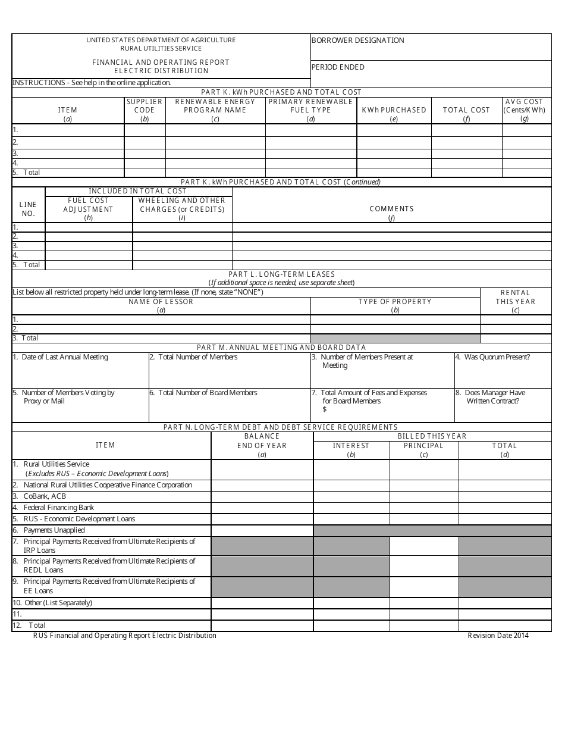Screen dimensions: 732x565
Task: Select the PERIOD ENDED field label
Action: point(338,67)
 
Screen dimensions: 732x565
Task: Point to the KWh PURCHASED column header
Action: point(394,110)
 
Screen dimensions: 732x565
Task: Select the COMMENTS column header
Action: point(391,209)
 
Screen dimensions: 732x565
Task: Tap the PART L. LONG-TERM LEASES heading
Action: point(281,274)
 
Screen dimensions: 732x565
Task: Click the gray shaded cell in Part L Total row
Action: point(395,338)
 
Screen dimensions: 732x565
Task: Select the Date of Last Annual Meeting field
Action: point(61,357)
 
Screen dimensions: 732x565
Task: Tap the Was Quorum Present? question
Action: point(492,357)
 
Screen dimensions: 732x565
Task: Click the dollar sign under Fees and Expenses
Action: point(325,409)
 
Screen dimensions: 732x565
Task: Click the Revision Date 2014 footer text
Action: point(498,636)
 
